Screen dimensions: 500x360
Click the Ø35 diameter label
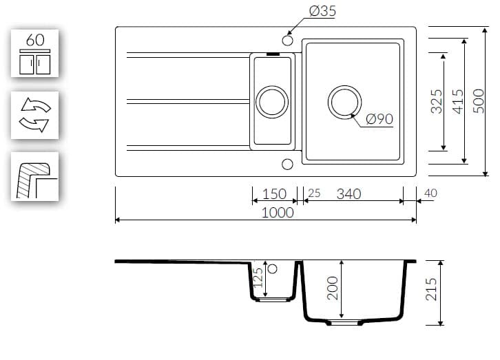pos(322,11)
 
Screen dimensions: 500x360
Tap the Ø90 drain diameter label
pos(379,119)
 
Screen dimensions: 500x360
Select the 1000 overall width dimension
pos(278,213)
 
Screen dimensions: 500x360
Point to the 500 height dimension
pos(479,101)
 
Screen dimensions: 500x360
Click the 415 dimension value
pos(458,101)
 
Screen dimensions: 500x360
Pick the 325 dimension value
pos(437,102)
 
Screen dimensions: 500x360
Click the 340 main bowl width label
pos(349,194)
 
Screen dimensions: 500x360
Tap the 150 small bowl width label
pos(274,194)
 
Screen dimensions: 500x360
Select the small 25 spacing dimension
pos(314,193)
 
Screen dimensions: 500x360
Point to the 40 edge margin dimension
pos(430,193)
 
